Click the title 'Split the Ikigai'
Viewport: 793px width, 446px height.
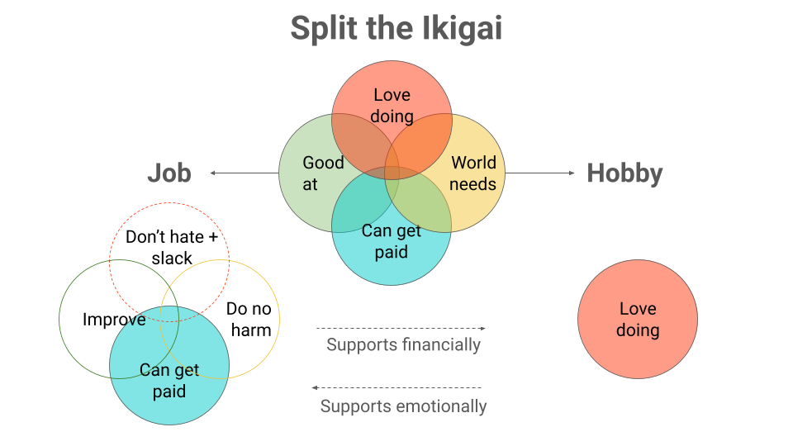click(x=396, y=29)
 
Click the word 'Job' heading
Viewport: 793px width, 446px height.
click(x=169, y=173)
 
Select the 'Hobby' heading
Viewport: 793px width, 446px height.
click(x=624, y=173)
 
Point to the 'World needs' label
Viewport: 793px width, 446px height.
click(x=473, y=173)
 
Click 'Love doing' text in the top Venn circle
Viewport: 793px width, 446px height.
click(x=392, y=106)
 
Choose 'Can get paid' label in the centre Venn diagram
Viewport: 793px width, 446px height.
click(x=392, y=241)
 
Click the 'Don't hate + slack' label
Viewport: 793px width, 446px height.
click(x=172, y=248)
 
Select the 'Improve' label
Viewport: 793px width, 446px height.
click(x=114, y=320)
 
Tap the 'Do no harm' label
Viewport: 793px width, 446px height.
click(x=249, y=320)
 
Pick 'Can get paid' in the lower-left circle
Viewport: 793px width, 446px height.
click(x=169, y=380)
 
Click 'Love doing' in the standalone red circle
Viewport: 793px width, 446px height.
click(x=638, y=320)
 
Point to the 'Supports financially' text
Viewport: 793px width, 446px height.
click(x=403, y=344)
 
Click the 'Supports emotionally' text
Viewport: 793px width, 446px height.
click(x=403, y=406)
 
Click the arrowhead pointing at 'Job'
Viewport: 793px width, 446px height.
click(x=213, y=173)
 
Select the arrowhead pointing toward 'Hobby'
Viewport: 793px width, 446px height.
click(x=571, y=173)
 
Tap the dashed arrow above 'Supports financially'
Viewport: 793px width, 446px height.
click(x=401, y=329)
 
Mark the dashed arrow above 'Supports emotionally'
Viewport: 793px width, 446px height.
click(x=396, y=387)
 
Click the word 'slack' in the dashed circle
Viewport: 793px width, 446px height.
click(x=172, y=259)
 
